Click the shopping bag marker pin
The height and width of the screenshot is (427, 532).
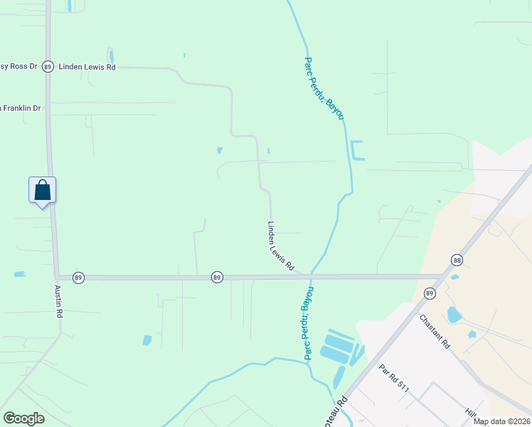click(x=42, y=191)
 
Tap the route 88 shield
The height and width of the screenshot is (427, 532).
click(x=457, y=260)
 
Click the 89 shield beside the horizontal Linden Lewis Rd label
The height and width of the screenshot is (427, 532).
click(x=48, y=66)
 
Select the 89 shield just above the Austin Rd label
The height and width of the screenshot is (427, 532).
click(x=78, y=277)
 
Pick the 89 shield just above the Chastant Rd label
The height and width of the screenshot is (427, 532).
click(x=430, y=293)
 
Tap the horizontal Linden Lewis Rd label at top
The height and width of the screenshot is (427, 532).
click(x=87, y=66)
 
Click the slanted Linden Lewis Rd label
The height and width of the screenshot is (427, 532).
click(x=280, y=246)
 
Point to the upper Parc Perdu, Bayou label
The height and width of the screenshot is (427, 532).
click(x=324, y=88)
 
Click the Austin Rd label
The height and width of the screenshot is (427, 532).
click(x=59, y=302)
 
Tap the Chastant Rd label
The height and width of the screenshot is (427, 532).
click(x=435, y=331)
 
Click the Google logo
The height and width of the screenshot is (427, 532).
click(x=23, y=418)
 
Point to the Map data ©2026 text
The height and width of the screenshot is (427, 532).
click(x=501, y=421)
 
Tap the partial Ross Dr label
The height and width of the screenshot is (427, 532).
click(x=18, y=66)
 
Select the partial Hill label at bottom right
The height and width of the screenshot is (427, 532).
click(x=470, y=413)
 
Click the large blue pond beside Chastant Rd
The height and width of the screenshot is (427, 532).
click(x=454, y=315)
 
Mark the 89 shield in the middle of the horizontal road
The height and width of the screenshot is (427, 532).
click(x=217, y=277)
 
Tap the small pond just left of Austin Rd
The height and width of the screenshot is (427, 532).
click(x=18, y=273)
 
